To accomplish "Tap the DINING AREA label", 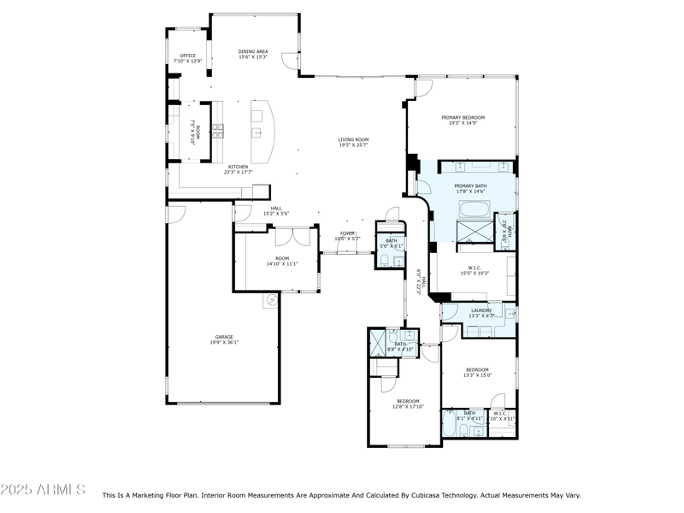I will point(253,51).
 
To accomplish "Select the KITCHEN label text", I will point(237,167).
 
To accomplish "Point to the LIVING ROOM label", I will point(353,139).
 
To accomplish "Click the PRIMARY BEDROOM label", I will point(463,117).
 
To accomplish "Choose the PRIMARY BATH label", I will point(470,186).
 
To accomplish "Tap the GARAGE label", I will point(224,337).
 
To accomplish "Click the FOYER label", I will point(347,233).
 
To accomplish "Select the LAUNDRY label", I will point(481,310).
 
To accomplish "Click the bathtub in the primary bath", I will point(472,209).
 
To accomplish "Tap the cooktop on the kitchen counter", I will point(218,131).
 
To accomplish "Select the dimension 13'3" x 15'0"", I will point(477,374).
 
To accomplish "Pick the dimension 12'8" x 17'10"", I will point(408,406).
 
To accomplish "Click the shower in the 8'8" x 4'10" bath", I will point(378,343).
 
